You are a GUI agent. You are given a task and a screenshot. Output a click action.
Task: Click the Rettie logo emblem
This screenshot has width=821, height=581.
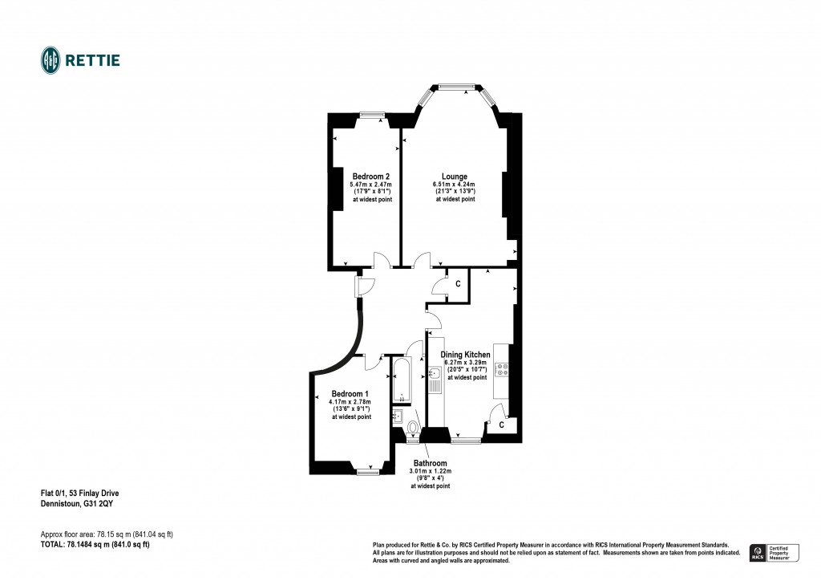click(x=51, y=59)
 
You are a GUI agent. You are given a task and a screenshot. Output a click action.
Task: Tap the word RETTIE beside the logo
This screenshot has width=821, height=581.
click(x=93, y=60)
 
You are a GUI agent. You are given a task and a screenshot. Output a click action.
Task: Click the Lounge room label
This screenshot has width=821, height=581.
click(x=455, y=177)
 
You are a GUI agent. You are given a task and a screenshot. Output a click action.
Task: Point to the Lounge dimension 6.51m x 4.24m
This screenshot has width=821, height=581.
click(x=455, y=185)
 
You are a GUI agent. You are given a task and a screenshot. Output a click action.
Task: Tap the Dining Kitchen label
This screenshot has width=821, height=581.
click(x=465, y=354)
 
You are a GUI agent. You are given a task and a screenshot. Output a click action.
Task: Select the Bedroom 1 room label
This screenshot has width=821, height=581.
click(x=351, y=394)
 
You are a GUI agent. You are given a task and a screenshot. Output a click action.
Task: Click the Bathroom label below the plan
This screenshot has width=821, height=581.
click(x=430, y=463)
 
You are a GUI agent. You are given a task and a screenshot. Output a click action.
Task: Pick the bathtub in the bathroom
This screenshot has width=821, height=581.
click(x=401, y=381)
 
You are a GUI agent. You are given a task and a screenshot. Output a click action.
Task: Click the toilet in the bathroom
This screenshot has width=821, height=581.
click(x=413, y=426)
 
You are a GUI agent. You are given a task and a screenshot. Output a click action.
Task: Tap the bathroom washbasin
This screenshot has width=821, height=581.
click(x=397, y=415)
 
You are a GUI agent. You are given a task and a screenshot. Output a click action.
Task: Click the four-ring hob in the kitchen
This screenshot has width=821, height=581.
click(x=503, y=370)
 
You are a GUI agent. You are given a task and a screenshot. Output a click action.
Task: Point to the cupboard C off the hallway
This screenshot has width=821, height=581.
click(x=458, y=284)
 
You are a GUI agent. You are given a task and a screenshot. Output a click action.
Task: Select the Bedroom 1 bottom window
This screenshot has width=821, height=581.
click(x=368, y=472)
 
